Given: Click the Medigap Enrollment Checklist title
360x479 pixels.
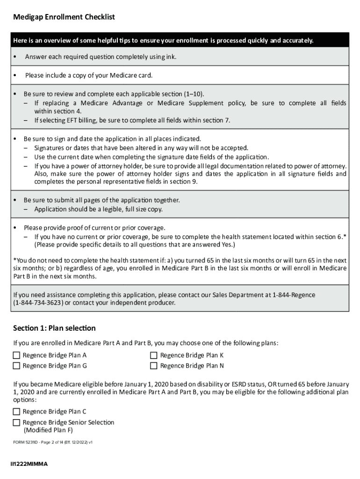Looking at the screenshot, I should tap(64, 17).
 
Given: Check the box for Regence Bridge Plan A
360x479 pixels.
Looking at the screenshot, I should tap(17, 356).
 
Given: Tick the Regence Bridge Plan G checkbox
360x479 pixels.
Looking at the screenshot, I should tap(17, 366).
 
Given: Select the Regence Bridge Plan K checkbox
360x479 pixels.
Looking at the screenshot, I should tap(154, 356).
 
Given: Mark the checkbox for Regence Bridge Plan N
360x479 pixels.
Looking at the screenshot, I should tap(154, 366).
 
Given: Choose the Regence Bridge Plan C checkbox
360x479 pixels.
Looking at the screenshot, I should tap(17, 412).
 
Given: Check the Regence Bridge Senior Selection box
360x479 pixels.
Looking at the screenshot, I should tap(17, 422).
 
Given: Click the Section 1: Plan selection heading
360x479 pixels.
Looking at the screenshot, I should tap(54, 328).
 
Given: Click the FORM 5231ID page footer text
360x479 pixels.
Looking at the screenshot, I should tap(52, 442).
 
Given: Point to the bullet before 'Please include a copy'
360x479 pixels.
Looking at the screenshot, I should tap(15, 75).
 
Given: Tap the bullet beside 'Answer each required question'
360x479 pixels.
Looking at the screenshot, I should tap(15, 57).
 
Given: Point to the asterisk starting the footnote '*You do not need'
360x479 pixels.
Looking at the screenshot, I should tap(14, 261).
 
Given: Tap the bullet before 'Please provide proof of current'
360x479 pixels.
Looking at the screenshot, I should tap(15, 228).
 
